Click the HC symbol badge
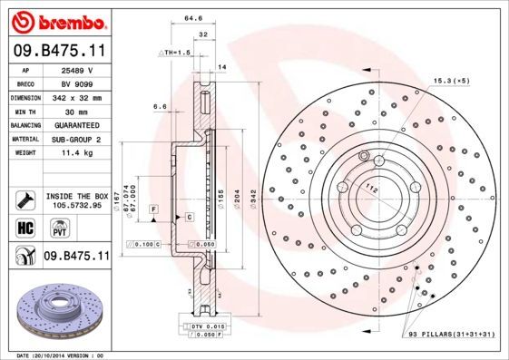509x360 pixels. click(x=23, y=228)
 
